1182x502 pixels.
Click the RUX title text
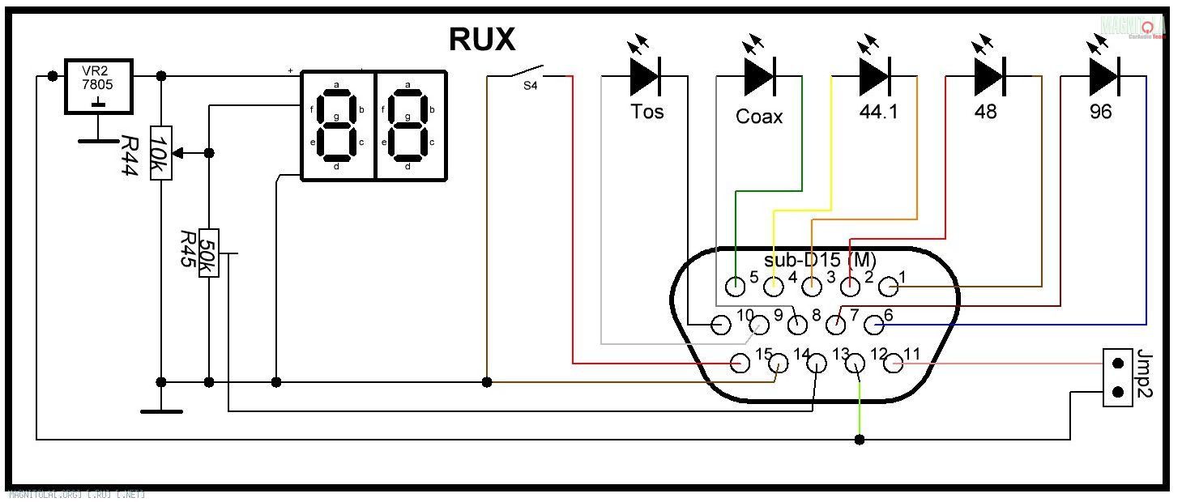pos(481,39)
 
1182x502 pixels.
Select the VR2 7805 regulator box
pos(99,87)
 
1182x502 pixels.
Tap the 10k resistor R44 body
pos(160,153)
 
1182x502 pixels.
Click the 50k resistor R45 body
pos(208,253)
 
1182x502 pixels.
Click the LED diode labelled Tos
pos(645,76)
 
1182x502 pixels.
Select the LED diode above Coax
pos(759,76)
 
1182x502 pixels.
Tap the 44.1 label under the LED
pos(878,112)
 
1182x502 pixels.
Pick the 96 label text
pos(1101,112)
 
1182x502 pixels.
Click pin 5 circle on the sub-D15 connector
pos(736,286)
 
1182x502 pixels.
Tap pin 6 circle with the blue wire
pos(873,325)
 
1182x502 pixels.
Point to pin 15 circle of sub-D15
pos(740,364)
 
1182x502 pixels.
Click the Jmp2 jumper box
pos(1119,377)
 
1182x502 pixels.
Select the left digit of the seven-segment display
pos(337,125)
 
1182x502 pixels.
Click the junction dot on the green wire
pos(860,440)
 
